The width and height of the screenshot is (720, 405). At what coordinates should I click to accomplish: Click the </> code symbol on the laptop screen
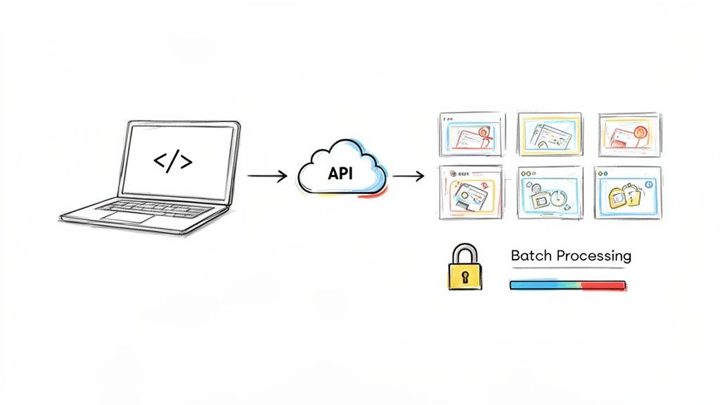(x=173, y=162)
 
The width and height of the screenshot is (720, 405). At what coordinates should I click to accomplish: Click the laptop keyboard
(x=151, y=207)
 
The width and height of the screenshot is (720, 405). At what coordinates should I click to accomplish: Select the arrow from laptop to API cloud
(x=267, y=176)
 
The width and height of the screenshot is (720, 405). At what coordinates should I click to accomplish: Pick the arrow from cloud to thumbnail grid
(x=408, y=176)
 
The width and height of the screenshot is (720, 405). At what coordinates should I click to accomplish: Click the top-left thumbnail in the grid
(x=471, y=134)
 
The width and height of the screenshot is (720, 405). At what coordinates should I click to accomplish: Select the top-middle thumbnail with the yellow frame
(x=549, y=134)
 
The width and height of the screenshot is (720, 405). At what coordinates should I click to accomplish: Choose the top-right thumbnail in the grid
(x=629, y=134)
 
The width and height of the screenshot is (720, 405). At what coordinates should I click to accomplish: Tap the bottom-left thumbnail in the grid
(x=471, y=193)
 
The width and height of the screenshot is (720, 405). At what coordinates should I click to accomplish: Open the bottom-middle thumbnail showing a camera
(x=549, y=193)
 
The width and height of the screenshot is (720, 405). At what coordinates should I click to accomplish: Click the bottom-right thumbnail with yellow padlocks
(x=629, y=193)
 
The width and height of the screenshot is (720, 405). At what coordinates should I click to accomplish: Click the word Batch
(x=532, y=256)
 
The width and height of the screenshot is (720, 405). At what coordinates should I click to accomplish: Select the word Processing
(x=593, y=256)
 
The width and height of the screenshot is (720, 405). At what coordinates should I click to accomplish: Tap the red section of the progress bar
(x=605, y=285)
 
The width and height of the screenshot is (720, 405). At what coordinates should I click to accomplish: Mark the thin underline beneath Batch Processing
(x=570, y=268)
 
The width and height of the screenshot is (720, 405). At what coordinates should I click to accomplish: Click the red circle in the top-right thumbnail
(x=639, y=131)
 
